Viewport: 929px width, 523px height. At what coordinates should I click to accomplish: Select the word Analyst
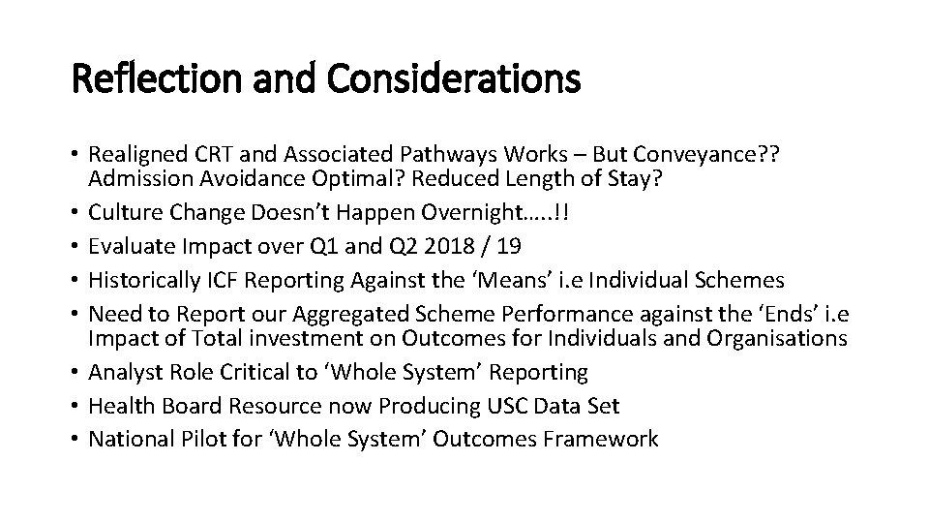(124, 371)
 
